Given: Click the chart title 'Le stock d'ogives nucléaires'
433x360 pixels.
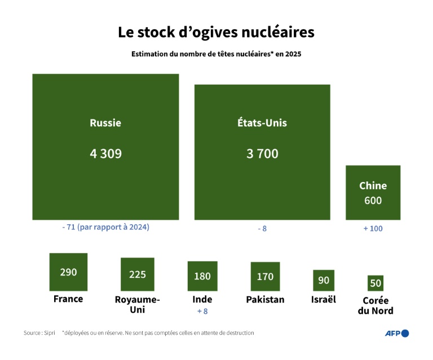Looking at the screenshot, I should (x=216, y=32).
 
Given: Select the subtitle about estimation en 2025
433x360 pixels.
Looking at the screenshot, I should (x=216, y=55).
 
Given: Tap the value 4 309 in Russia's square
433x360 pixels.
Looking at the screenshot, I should (x=105, y=153).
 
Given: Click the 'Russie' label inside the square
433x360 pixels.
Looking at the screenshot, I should (x=105, y=123).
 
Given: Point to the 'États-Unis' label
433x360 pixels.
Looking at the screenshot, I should (x=262, y=123).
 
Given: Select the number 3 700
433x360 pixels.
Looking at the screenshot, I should (x=262, y=153).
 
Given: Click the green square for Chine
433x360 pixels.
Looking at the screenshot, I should (x=373, y=192).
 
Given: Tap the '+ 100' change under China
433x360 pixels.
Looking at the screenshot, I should (x=373, y=229).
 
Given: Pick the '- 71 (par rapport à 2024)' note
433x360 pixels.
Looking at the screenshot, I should (x=105, y=228).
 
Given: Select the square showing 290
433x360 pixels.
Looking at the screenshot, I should (x=68, y=272).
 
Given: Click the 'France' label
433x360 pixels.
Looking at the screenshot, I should (x=68, y=299).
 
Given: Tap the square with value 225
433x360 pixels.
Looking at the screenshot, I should (x=138, y=274).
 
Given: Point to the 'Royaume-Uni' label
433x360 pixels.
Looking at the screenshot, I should (x=138, y=305).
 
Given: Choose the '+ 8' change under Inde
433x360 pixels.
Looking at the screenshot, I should (x=202, y=311).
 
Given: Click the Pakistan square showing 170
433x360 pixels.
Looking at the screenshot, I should (x=265, y=276).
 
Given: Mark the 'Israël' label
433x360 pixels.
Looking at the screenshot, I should (x=324, y=299).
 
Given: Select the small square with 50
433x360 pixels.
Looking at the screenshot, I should (x=375, y=283).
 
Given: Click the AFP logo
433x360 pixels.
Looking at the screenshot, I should (x=396, y=333).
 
